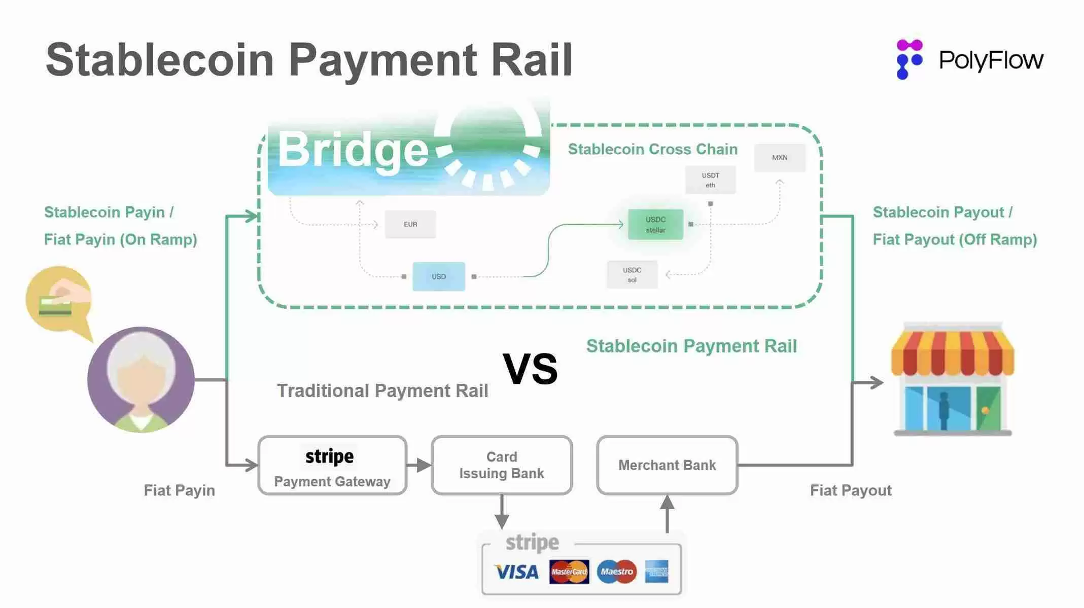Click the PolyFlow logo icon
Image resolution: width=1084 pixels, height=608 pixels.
click(x=909, y=59)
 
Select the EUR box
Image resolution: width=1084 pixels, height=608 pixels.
click(x=410, y=224)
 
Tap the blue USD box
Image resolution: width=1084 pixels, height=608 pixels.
click(x=439, y=276)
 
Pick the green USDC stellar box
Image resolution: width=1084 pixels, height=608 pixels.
click(x=655, y=225)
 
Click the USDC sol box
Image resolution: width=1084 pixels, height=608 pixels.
click(x=632, y=275)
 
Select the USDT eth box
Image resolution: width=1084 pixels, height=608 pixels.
click(x=710, y=180)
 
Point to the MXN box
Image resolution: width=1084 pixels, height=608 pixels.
click(x=780, y=158)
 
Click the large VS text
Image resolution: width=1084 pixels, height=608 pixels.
click(x=530, y=369)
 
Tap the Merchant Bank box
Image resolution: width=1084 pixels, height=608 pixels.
click(x=667, y=465)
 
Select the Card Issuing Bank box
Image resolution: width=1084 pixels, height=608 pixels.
click(x=502, y=465)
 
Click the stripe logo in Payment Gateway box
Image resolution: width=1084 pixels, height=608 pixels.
click(x=330, y=456)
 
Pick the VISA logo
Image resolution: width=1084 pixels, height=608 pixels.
click(x=516, y=572)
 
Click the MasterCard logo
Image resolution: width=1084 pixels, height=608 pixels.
click(x=569, y=572)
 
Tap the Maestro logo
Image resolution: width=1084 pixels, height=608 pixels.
click(x=617, y=571)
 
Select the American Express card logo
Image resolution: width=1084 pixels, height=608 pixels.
click(x=657, y=572)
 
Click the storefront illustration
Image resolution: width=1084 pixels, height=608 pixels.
click(x=953, y=379)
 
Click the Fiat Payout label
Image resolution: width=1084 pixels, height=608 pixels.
click(x=851, y=490)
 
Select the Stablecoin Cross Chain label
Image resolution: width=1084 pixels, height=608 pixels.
click(x=652, y=149)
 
